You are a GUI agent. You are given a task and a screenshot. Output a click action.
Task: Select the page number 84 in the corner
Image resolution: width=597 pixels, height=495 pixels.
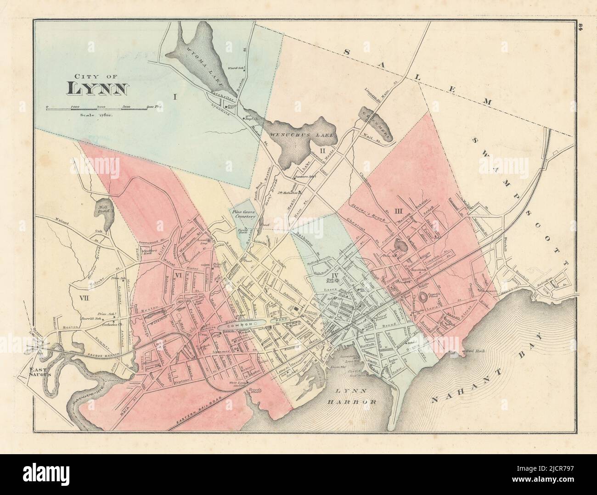(580, 27)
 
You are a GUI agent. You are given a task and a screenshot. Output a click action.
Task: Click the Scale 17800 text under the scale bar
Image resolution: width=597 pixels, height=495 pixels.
(96, 115)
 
